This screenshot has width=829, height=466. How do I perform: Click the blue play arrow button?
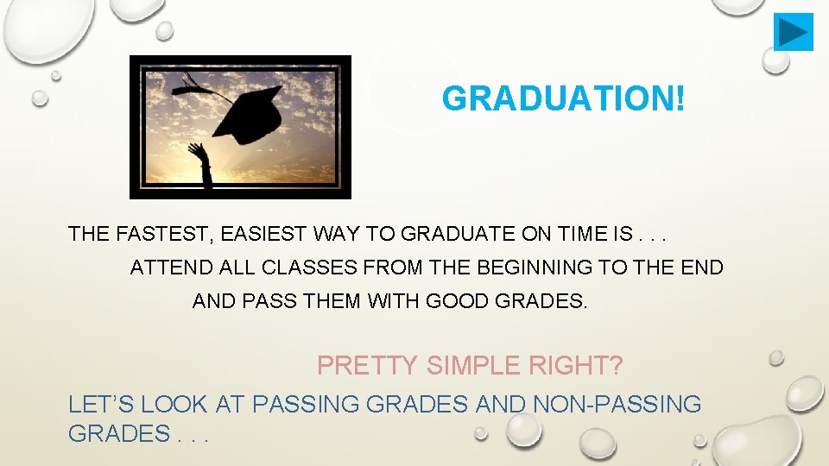794,32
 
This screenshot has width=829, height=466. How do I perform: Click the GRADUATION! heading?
565,98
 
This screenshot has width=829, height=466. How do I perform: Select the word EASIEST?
255,234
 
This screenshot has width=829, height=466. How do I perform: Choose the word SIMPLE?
474,366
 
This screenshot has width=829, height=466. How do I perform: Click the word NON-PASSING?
618,403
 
